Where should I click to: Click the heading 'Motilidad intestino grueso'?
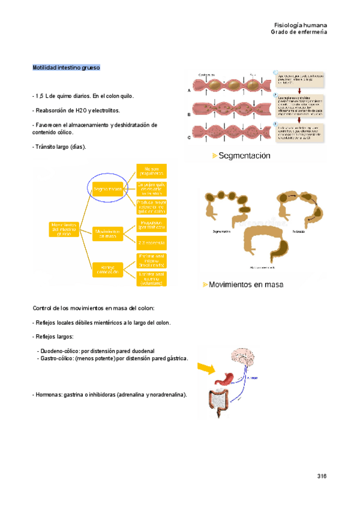[66, 68]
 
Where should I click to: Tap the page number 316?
[322, 476]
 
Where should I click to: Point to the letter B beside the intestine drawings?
[190, 114]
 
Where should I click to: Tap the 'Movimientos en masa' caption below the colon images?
[242, 284]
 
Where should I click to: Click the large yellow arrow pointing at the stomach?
[205, 367]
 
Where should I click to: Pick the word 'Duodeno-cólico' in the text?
[59, 350]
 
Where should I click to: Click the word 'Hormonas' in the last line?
[50, 394]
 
